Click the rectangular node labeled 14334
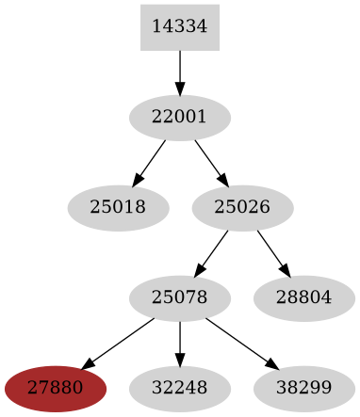179,27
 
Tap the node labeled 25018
118,208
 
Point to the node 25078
179,298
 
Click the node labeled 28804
304,298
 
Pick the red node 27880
55,388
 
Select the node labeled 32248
179,388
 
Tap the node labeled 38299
304,388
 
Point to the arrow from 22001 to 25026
209,161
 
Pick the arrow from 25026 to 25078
213,251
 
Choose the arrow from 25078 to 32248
179,342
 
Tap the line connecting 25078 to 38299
239,342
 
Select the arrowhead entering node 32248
179,361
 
